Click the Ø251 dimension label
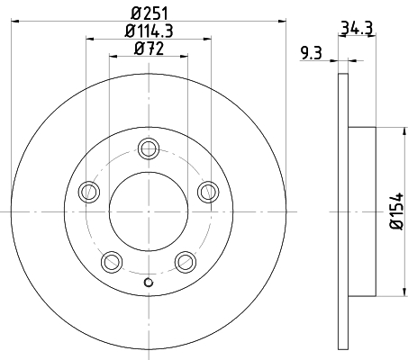point(150,13)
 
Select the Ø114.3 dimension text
point(149,31)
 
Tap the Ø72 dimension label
point(150,49)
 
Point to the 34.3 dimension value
point(357,28)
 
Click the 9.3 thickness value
point(312,53)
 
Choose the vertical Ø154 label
point(396,211)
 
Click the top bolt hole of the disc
point(149,148)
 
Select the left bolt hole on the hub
point(89,192)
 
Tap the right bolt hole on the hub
point(208,192)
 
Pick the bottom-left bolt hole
point(112,262)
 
